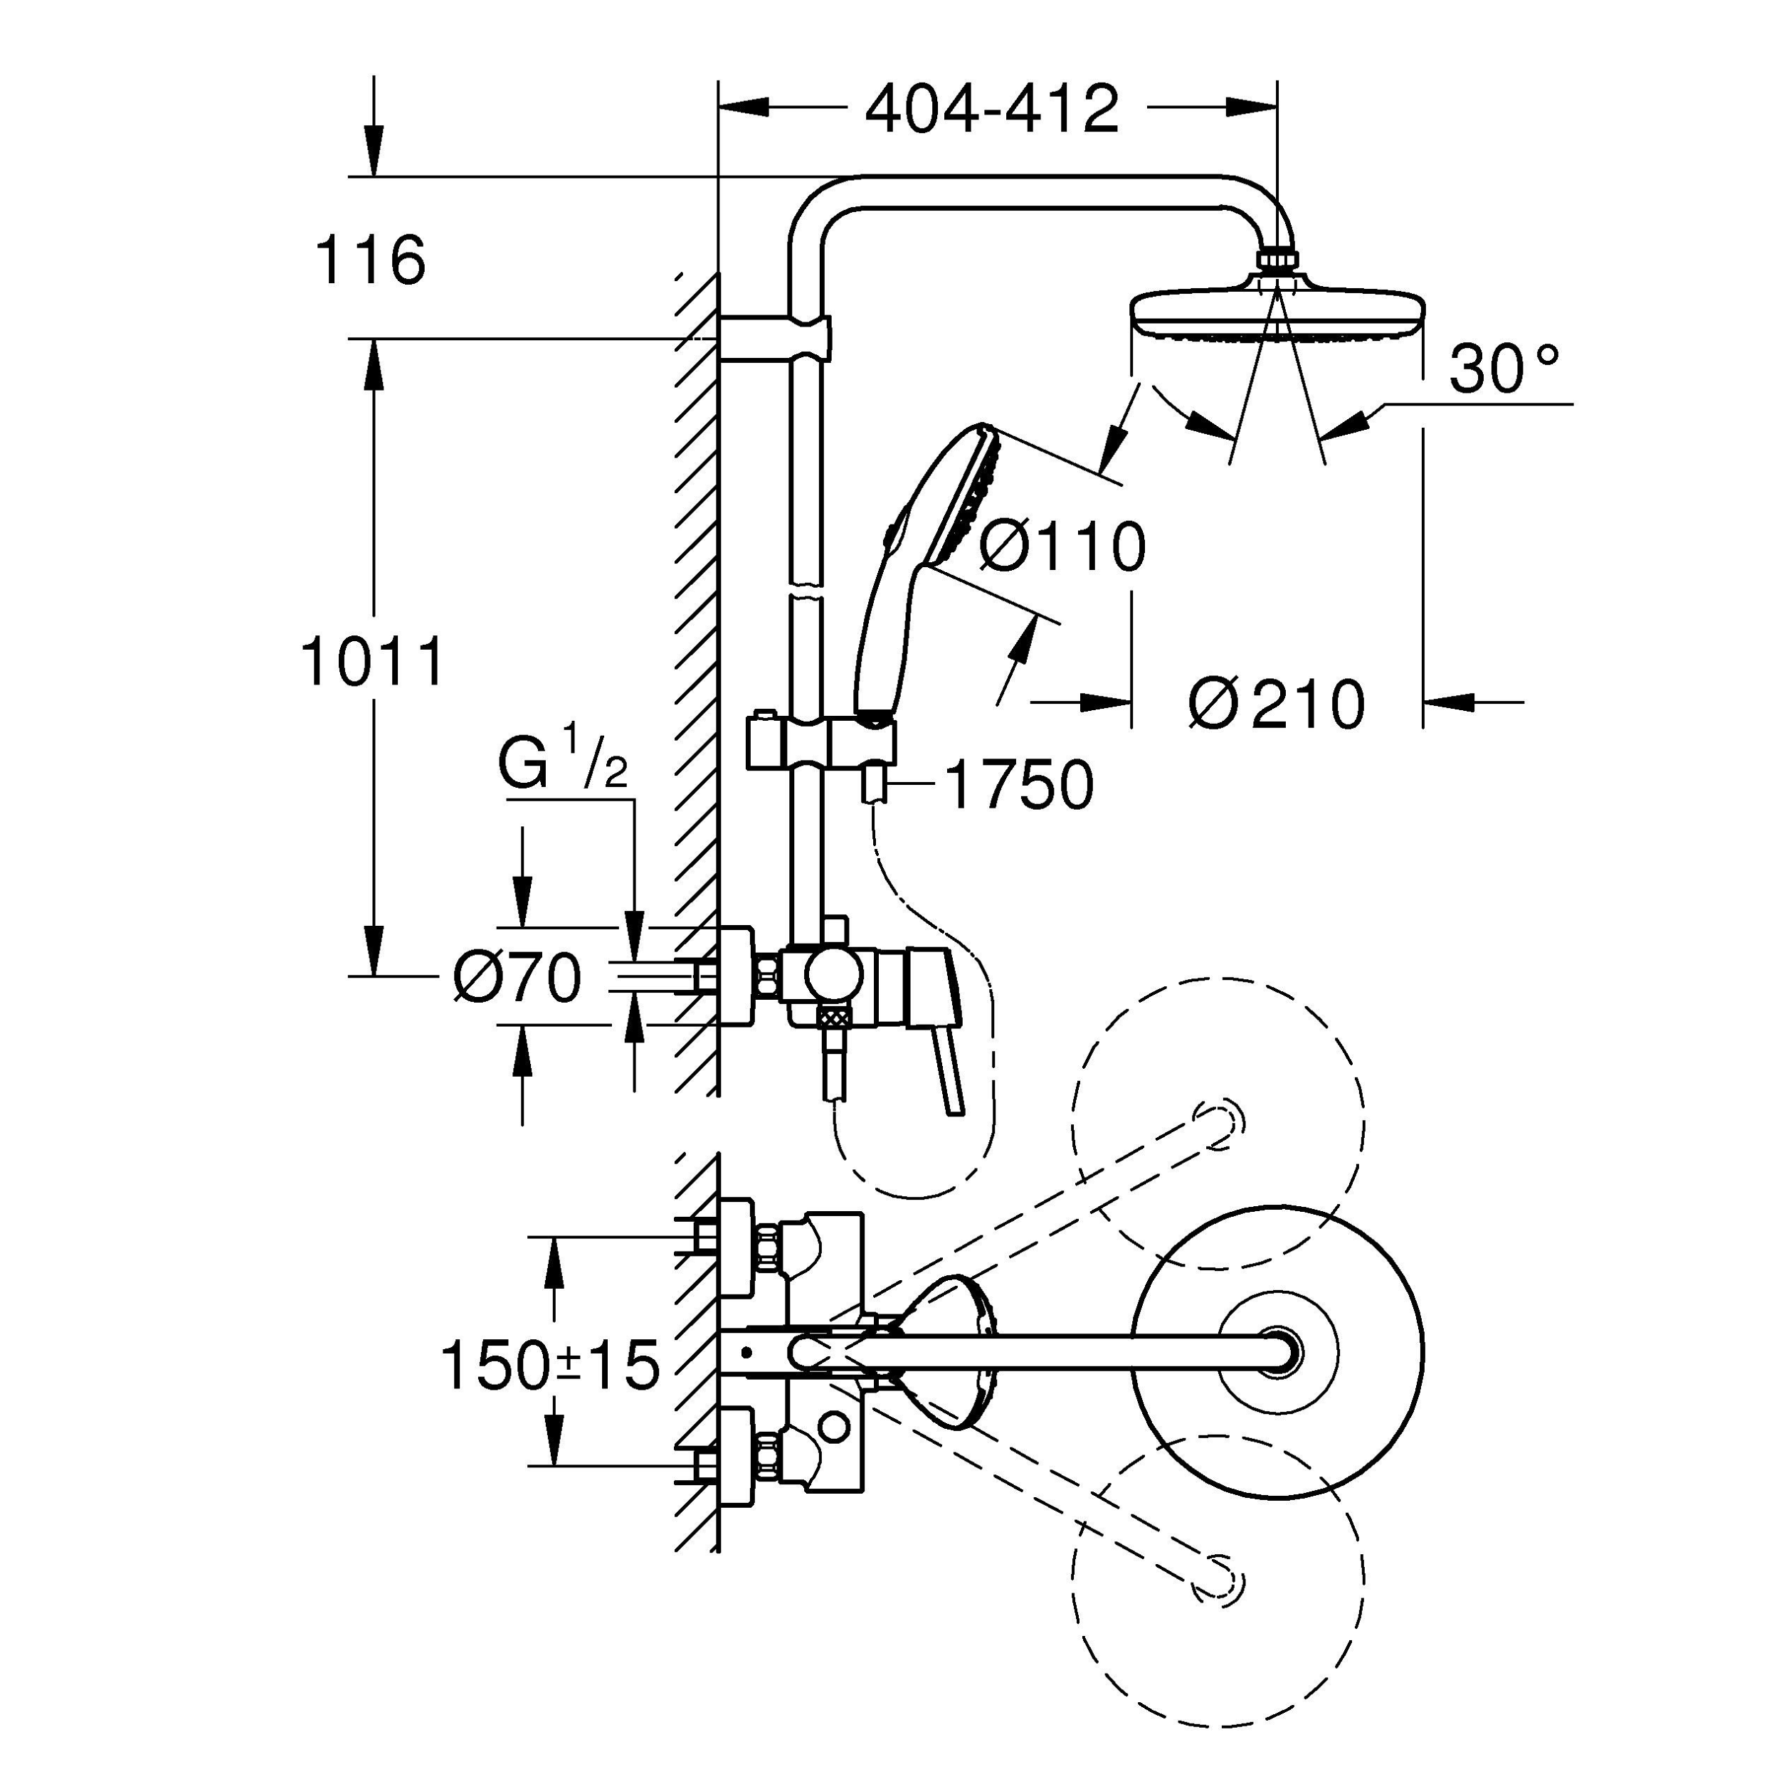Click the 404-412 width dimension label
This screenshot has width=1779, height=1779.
[992, 110]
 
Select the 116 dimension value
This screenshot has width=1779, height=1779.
[369, 260]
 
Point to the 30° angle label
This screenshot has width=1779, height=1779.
[1504, 369]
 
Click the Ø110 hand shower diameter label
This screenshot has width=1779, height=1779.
[1062, 547]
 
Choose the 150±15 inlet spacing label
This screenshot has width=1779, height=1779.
[551, 1366]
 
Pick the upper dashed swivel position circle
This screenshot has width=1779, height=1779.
[1218, 1122]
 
